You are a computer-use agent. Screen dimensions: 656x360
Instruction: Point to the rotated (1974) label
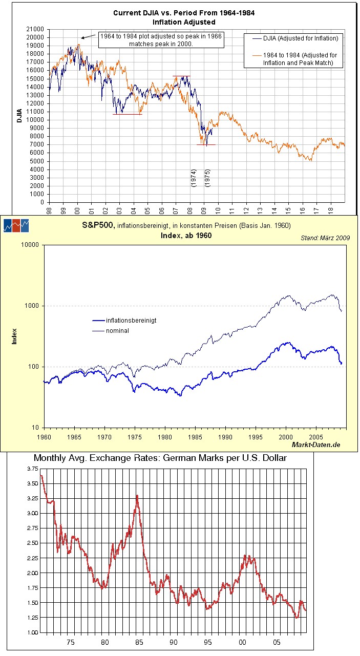193,178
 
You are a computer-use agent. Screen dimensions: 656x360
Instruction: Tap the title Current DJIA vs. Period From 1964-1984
184,13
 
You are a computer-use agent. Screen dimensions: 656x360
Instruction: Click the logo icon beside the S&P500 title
16,225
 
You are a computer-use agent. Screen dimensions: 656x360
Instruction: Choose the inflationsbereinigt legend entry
131,320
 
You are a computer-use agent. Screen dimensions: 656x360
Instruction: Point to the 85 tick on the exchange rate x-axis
139,642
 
